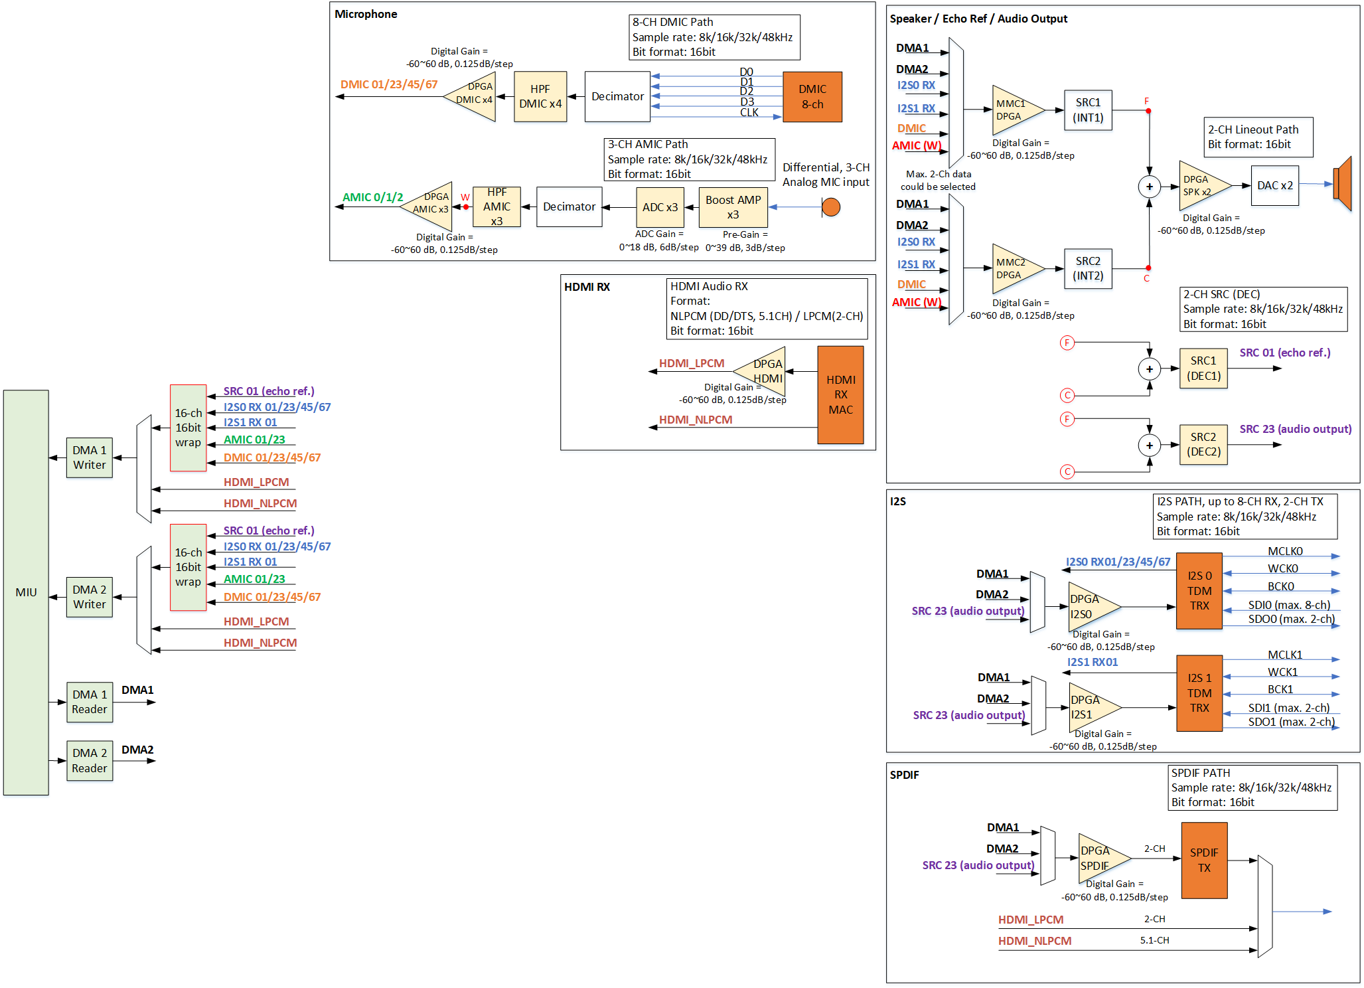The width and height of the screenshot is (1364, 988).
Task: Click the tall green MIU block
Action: click(26, 592)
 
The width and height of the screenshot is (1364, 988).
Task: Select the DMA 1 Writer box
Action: click(90, 457)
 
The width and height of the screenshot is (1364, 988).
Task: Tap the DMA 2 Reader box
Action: click(90, 760)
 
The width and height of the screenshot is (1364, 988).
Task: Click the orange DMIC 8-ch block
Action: click(812, 97)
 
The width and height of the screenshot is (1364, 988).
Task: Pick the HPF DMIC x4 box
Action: click(540, 97)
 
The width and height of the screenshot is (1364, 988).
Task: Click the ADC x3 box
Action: click(660, 207)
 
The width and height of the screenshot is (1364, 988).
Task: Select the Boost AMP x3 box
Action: click(733, 207)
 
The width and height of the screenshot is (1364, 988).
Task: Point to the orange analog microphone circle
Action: click(830, 207)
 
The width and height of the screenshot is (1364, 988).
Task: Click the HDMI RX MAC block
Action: click(840, 394)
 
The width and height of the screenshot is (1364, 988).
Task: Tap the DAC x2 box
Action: click(1274, 186)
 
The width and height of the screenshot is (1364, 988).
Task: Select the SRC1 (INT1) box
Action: click(1088, 110)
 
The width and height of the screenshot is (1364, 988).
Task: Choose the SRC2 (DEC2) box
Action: click(1203, 444)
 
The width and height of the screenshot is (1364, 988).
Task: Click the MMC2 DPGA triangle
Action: click(1013, 269)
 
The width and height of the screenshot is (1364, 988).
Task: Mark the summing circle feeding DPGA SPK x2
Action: click(1149, 187)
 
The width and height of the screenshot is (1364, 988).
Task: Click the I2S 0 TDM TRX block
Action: click(1199, 591)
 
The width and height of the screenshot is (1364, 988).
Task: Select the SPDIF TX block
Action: click(1204, 860)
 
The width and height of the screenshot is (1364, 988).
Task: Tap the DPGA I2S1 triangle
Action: click(1089, 707)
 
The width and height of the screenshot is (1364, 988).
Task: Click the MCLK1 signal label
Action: click(1285, 655)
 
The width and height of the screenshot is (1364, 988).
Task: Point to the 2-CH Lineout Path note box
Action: click(1258, 137)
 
